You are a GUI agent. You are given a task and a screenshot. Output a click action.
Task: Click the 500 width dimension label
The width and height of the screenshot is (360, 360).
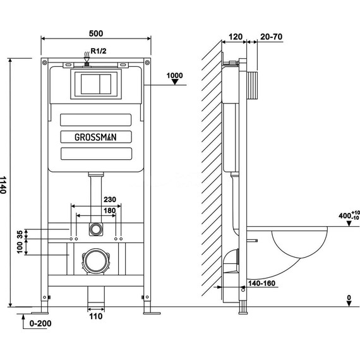(96, 33)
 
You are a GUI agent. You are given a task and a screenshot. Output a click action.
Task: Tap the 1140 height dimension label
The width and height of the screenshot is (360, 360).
(3, 185)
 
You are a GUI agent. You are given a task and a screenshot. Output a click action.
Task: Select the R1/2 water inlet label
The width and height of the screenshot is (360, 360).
(99, 51)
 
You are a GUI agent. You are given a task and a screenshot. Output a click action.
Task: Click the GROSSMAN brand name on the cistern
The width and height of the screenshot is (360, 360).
(95, 137)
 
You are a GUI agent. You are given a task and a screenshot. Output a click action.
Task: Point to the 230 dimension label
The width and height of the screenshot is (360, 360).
(110, 200)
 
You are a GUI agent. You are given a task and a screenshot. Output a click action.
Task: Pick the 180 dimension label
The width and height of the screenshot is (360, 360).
(110, 210)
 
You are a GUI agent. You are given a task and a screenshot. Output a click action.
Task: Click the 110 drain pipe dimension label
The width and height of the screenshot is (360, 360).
(96, 316)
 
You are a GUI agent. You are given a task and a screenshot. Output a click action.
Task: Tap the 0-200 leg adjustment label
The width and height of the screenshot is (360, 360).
(40, 323)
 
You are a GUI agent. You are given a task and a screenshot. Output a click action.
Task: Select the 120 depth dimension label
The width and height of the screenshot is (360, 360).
(236, 37)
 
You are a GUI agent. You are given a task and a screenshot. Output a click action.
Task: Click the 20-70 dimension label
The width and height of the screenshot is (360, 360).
(271, 37)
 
